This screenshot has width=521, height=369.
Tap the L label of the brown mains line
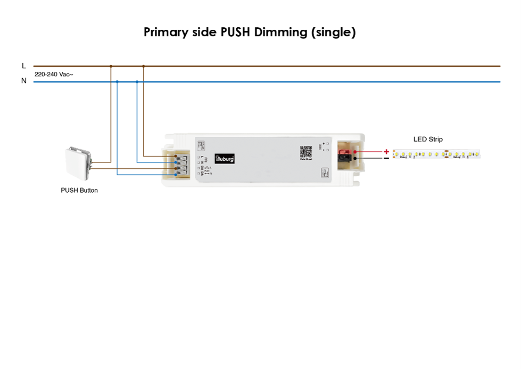(23, 65)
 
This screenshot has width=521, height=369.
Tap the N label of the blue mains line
(23, 81)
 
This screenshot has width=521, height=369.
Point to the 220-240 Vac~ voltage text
(54, 75)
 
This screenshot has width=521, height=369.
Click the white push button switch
(77, 163)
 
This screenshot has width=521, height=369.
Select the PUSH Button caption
(79, 190)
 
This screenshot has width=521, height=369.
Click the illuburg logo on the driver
(225, 158)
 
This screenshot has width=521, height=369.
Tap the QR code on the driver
(305, 152)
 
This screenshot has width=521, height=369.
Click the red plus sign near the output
(386, 152)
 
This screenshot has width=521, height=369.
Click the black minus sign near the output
(386, 158)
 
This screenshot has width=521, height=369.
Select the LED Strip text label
(428, 140)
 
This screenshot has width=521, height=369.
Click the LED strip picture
(436, 154)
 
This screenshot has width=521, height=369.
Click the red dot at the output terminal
(355, 152)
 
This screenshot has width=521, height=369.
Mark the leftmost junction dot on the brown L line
(111, 66)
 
